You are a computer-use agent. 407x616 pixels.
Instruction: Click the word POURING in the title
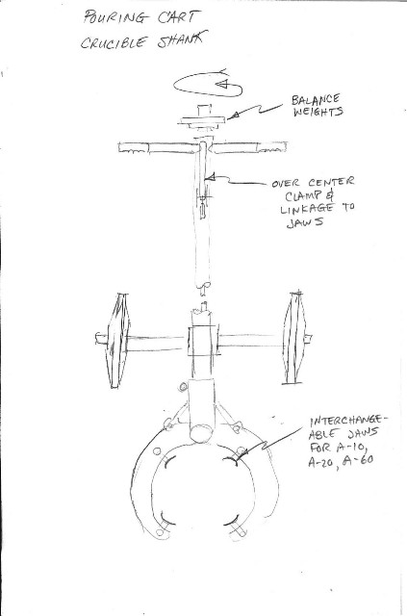click(x=115, y=17)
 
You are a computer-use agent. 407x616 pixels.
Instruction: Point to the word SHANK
click(x=182, y=40)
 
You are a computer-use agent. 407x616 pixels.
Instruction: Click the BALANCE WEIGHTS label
click(x=317, y=105)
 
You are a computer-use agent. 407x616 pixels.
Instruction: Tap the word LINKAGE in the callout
click(x=308, y=208)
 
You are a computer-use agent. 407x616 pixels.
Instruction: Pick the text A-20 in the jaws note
click(x=321, y=462)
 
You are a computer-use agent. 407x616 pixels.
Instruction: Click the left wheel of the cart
click(x=117, y=341)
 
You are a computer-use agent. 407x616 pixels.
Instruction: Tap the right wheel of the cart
click(x=295, y=338)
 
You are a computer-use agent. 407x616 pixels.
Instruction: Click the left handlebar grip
click(x=134, y=148)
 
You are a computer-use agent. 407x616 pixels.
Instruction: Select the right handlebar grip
click(x=271, y=147)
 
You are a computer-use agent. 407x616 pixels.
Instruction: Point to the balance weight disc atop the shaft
click(x=203, y=120)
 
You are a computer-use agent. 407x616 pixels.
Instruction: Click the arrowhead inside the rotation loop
click(x=222, y=84)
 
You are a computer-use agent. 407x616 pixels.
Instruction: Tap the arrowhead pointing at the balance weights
click(x=234, y=115)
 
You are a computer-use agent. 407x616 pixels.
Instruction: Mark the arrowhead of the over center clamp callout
click(x=210, y=177)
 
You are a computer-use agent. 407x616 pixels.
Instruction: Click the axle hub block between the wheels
click(x=202, y=341)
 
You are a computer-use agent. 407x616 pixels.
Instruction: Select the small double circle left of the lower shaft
click(x=183, y=387)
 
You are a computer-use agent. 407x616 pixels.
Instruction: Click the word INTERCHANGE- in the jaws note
click(x=348, y=421)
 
